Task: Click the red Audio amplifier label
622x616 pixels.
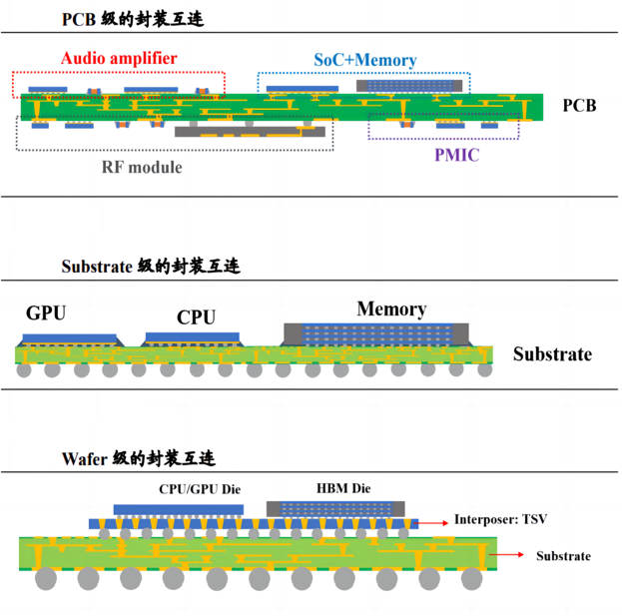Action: point(119,58)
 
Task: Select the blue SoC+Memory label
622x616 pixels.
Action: point(364,60)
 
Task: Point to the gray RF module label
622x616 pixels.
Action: point(141,166)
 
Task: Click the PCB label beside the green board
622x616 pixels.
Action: point(579,105)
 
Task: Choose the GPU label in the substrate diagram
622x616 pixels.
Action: point(46,313)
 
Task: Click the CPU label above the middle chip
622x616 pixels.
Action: point(196,317)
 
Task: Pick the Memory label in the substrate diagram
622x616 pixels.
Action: point(391,309)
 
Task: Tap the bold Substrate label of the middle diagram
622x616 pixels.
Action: point(552,354)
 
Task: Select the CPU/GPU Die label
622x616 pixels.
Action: point(201,489)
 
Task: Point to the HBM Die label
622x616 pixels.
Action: point(343,489)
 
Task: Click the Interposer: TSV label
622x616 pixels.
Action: point(500,520)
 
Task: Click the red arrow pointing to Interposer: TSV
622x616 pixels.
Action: point(432,521)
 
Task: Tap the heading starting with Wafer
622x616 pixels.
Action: point(138,459)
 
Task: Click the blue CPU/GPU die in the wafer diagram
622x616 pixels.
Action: point(179,509)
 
